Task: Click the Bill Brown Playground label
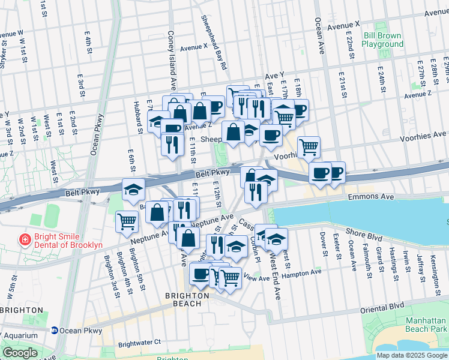(x=383, y=40)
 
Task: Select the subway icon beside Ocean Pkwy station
(x=54, y=330)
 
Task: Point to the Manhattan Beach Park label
(x=426, y=326)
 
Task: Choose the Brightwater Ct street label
(x=139, y=343)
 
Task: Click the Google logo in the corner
(x=19, y=353)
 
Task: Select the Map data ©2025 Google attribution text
(x=412, y=355)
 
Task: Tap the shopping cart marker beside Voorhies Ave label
(x=309, y=146)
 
